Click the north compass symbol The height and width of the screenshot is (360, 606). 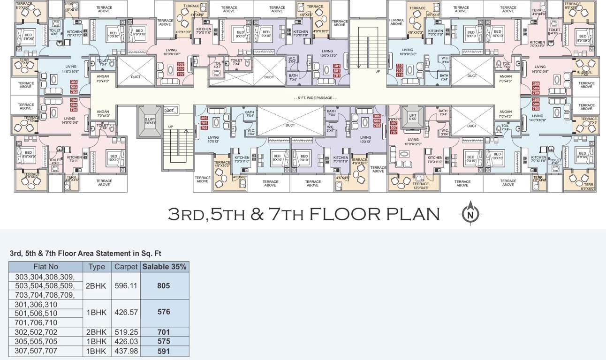(470, 214)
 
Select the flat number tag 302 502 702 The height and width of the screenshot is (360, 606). (181, 69)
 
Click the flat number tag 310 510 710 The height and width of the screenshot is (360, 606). (399, 70)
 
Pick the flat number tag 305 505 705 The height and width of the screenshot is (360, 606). (204, 123)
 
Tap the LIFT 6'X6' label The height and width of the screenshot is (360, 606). (412, 117)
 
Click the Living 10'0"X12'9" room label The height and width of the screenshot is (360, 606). (413, 142)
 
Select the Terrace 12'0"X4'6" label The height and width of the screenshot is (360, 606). (421, 185)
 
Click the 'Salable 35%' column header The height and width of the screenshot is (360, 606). (164, 267)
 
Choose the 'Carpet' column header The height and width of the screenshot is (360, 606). (125, 267)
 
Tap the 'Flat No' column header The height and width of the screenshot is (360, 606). (46, 267)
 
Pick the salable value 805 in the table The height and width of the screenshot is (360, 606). (163, 285)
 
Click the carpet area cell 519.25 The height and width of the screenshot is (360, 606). (125, 332)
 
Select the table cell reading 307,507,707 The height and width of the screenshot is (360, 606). (37, 351)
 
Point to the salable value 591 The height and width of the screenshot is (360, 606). (163, 351)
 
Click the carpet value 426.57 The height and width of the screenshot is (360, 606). (125, 312)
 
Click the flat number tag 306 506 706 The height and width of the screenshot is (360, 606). (377, 120)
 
